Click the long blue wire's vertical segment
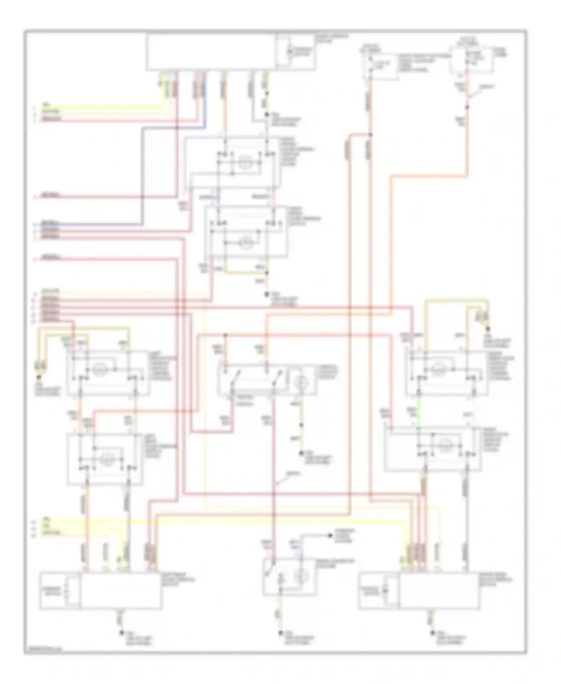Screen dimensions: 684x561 [142, 176]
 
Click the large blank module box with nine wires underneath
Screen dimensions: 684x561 [211, 52]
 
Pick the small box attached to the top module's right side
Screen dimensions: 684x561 [295, 52]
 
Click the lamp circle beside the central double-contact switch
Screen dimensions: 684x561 [302, 382]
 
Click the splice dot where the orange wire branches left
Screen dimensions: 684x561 [370, 135]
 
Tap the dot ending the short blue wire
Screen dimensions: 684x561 [330, 535]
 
